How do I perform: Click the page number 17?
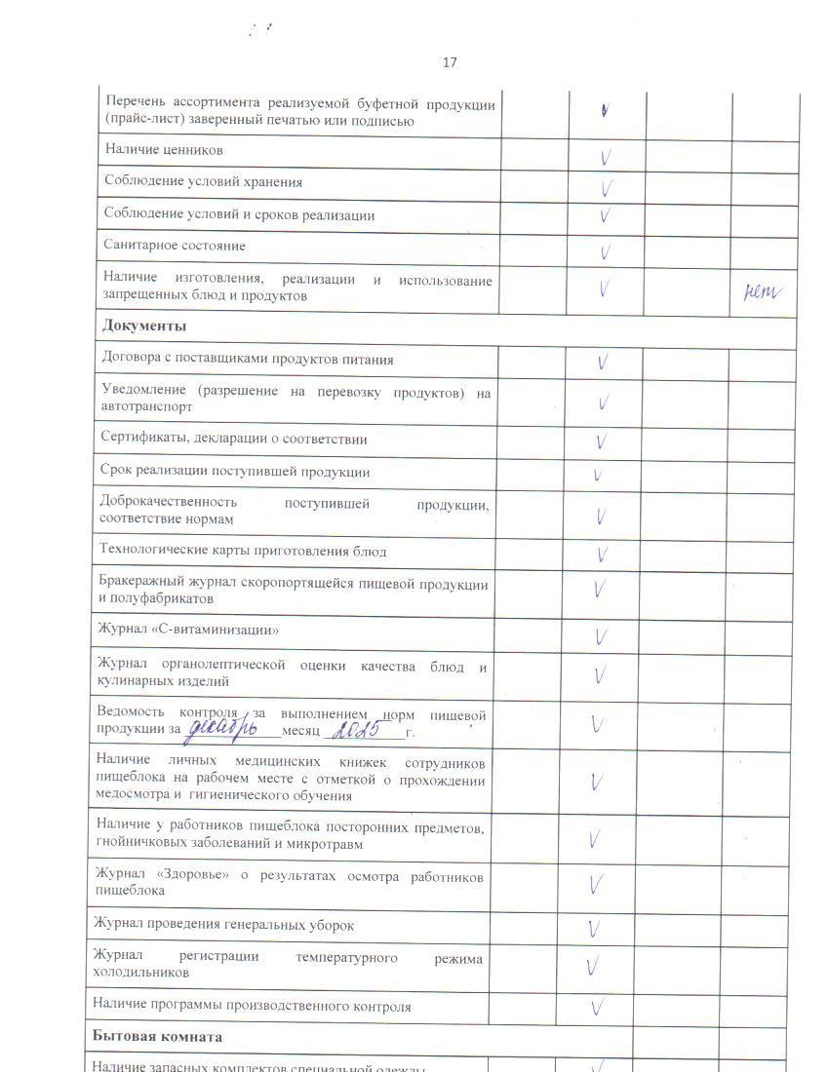coord(450,62)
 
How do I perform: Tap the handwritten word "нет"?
coord(764,289)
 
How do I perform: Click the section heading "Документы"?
coord(144,325)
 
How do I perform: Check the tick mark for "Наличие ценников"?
coord(606,156)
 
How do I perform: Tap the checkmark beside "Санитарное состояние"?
coord(606,252)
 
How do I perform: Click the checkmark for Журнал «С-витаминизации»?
coord(601,637)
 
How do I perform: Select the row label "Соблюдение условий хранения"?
coord(203,182)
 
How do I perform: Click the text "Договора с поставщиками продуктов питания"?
coord(248,359)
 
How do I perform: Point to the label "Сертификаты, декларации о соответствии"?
coord(233,439)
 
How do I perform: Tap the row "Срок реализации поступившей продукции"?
coord(234,472)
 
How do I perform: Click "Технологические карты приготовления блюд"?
coord(243,551)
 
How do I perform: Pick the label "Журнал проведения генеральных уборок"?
coord(223,924)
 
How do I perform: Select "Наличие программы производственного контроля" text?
coord(252,1006)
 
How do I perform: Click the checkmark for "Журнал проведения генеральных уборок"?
coord(595,928)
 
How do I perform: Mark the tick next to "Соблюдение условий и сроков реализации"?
coord(606,214)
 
